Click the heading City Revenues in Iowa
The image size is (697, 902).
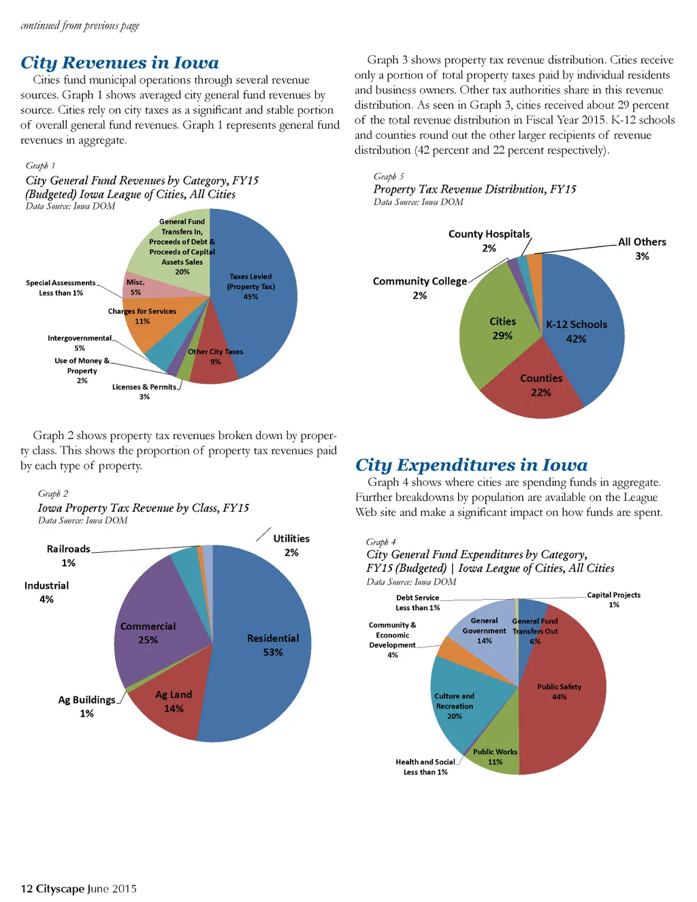coord(120,63)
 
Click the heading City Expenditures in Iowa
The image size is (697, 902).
coord(471,465)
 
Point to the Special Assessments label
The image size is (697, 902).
coord(61,283)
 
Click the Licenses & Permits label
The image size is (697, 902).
coord(144,387)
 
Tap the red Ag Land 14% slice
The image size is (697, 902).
coord(170,705)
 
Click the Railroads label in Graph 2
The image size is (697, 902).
coord(68,549)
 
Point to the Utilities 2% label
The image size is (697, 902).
coord(291,545)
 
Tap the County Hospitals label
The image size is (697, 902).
coord(489,234)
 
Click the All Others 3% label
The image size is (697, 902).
coord(642,248)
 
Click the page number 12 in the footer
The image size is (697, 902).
coord(27,888)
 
